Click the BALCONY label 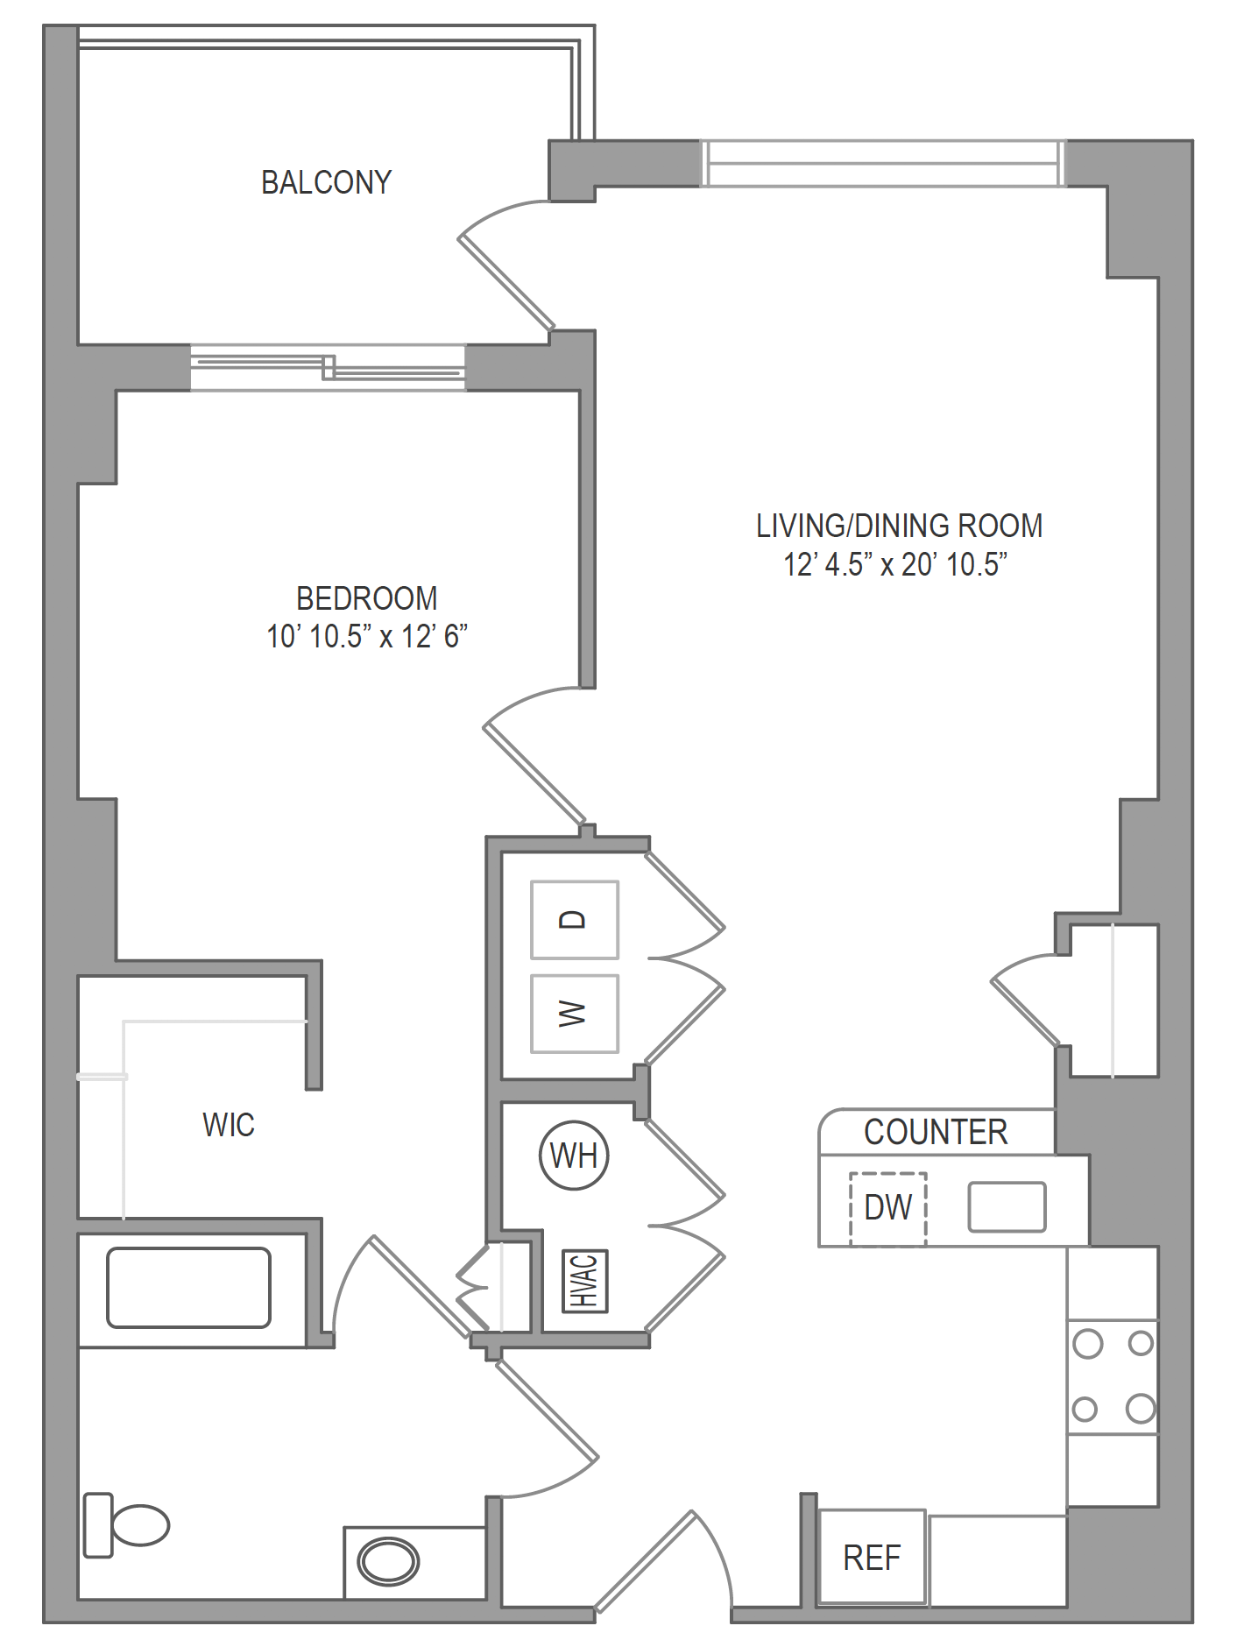pos(326,182)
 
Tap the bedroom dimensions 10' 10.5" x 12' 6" pos(367,636)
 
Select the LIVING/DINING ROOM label pos(900,526)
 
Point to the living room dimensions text pos(895,564)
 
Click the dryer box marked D pos(575,919)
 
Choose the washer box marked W pos(575,1014)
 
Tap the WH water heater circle pos(574,1156)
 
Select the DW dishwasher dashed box pos(888,1208)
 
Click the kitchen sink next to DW pos(1007,1207)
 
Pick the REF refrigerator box pos(872,1557)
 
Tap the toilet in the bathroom pos(126,1525)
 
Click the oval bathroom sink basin pos(389,1561)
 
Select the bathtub pos(188,1288)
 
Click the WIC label pos(229,1125)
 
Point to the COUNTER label pos(936,1132)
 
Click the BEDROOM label pos(367,598)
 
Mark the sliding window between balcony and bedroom pos(328,367)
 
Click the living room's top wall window pos(883,164)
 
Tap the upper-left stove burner pos(1087,1344)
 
